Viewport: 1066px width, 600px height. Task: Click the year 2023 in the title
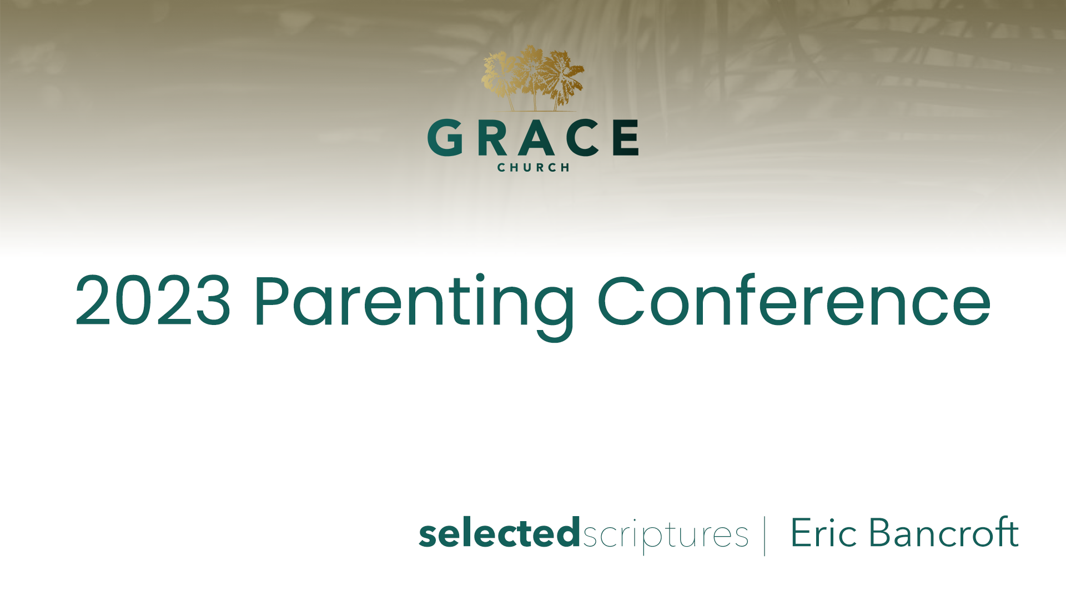point(153,300)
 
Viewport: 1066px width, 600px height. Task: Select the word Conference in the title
point(794,300)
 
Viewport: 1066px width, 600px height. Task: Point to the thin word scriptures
point(665,536)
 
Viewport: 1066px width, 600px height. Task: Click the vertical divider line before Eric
point(765,536)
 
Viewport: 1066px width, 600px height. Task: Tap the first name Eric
point(824,532)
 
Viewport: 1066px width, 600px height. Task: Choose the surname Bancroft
point(943,532)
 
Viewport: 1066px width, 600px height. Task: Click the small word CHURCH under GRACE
point(533,167)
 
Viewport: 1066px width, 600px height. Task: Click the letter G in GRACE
point(445,137)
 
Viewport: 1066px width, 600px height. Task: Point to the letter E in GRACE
point(626,137)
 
